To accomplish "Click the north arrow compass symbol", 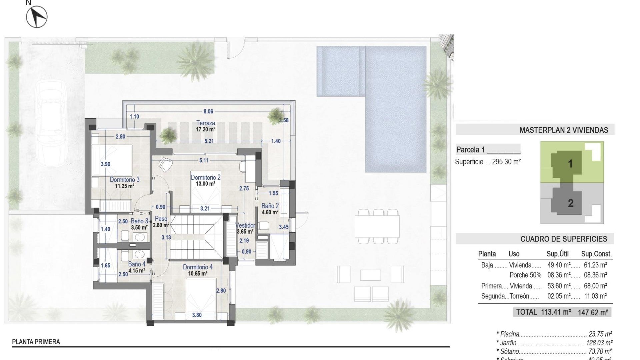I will (37, 16).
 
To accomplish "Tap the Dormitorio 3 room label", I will (124, 180).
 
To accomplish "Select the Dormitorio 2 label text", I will (205, 178).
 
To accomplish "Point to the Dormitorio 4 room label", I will (197, 267).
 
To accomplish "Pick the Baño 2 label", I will (270, 206).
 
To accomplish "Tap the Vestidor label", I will (245, 226).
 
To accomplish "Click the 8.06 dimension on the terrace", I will (208, 112).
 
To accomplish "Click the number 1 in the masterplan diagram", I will (570, 164).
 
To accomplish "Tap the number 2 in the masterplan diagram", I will (570, 203).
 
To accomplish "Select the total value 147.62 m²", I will (593, 313).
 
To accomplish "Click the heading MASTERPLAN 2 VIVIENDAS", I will (564, 130).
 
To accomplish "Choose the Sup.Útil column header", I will (557, 254).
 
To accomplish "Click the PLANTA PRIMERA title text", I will (36, 342).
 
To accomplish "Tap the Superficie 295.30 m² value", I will (506, 162).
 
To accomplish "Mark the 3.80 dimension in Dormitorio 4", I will (197, 315).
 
